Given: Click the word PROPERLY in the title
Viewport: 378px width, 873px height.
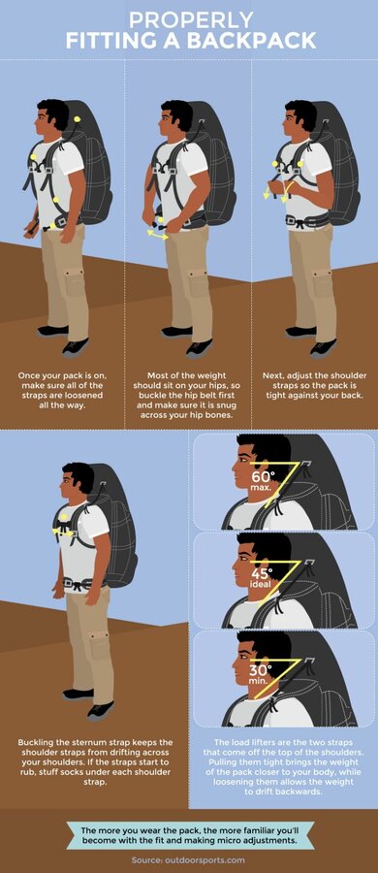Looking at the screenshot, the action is coord(191,19).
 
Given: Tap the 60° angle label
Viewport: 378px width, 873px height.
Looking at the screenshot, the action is coord(263,476).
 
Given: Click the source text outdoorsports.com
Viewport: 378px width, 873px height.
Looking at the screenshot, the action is coord(206,860).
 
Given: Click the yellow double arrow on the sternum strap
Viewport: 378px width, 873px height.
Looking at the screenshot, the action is coord(63,533).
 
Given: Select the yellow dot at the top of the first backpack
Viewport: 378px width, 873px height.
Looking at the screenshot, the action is coord(77,118).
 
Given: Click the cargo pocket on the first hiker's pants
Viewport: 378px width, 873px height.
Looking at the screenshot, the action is coord(74,282).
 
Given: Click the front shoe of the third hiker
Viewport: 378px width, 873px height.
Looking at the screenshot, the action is coord(323,348).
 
